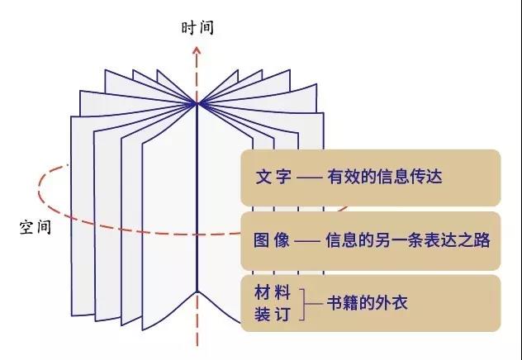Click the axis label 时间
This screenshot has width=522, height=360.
[197, 27]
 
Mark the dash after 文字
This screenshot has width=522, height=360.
[309, 178]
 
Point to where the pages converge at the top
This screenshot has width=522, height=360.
[197, 104]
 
